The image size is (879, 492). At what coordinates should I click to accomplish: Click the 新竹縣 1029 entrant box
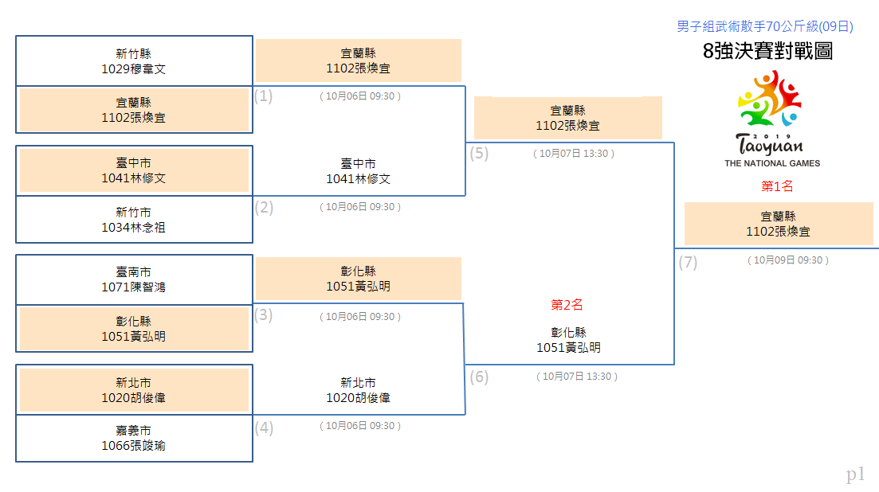coord(134,61)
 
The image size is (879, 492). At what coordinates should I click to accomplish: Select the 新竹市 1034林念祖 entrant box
coord(134,220)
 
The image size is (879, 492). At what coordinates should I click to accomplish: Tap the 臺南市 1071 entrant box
coord(134,280)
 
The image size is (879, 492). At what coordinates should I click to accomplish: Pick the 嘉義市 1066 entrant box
coord(134,439)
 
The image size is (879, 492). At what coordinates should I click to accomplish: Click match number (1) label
coord(264,96)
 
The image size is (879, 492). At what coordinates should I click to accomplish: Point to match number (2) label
coord(264,208)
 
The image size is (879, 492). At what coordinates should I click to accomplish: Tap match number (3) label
coord(264,315)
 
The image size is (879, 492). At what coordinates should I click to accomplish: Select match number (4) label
coord(264,428)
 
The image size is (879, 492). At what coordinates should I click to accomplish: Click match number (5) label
coord(479,154)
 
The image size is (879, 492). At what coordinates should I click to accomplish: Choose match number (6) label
coord(479,377)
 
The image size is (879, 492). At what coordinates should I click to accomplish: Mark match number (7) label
coord(688,263)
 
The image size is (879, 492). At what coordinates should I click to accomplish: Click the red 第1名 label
coord(777,186)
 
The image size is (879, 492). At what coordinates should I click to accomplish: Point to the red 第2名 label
coord(567,305)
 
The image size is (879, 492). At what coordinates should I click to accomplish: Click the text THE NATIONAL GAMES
coord(772,163)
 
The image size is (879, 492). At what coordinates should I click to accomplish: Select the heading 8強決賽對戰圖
coord(767,51)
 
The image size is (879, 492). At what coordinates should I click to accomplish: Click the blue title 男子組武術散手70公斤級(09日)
coord(764,26)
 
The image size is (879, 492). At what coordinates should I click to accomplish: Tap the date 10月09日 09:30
coord(787,260)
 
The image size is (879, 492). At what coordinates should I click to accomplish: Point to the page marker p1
coord(855,474)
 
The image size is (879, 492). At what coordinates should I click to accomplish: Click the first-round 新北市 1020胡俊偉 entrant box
coord(134,390)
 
